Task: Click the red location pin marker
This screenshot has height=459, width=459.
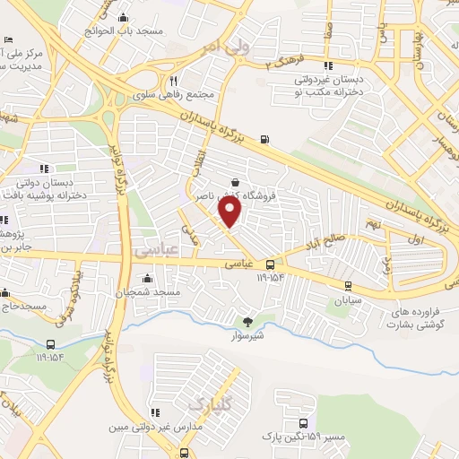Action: [230, 212]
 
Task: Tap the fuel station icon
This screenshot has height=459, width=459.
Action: [264, 139]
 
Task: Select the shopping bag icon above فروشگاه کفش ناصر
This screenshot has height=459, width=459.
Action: [235, 180]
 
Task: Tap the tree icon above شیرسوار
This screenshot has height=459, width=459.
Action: [248, 322]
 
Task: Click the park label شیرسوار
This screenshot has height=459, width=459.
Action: [248, 336]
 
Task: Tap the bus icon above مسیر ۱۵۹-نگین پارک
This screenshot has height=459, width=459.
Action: [303, 423]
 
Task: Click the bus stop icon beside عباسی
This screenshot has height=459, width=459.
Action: [270, 264]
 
